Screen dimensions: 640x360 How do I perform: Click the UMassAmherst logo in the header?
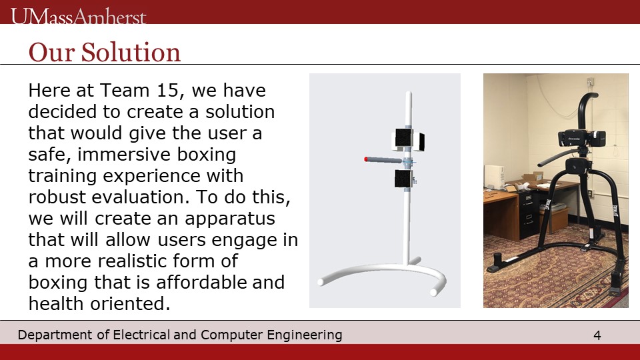coord(79,16)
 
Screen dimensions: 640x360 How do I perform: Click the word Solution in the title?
coord(131,52)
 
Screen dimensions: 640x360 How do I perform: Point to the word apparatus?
coord(230,219)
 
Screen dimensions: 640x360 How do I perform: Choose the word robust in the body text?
coord(57,197)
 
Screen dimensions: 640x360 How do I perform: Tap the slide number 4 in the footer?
coord(597,335)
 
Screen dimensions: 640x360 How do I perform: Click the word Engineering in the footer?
coord(305,335)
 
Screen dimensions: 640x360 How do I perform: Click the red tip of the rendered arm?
coord(366,159)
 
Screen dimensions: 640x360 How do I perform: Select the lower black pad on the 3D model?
coord(403,179)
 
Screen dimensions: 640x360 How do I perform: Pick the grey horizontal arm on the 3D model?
coord(384,160)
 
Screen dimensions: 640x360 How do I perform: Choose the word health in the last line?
coord(55,303)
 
